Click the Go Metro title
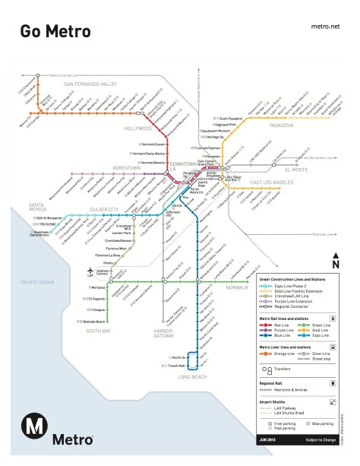coord(55,31)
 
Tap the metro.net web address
coord(325,26)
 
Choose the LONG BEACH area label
coord(189,376)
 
